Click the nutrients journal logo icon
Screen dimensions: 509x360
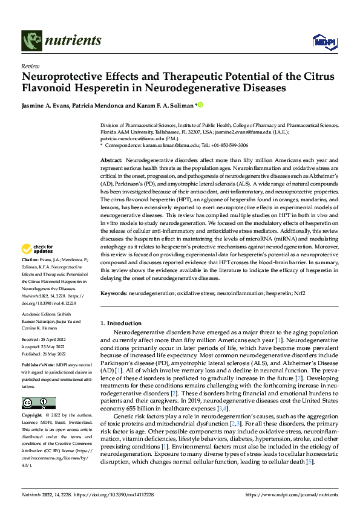coord(31,41)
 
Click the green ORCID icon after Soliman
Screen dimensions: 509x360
coord(200,105)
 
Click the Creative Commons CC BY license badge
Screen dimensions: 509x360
coord(39,403)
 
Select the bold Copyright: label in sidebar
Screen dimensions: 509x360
coord(33,415)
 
